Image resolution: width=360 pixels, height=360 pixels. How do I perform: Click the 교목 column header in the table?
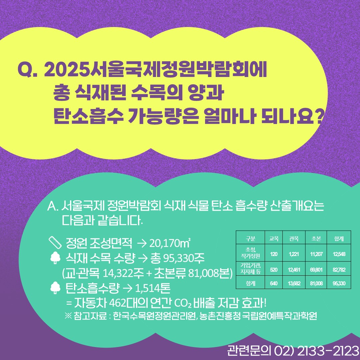(x=274, y=239)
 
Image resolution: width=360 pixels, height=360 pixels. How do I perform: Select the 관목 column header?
(x=294, y=239)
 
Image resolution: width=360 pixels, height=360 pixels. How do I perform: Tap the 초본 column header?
(x=316, y=239)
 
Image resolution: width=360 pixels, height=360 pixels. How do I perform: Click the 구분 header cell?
(x=250, y=239)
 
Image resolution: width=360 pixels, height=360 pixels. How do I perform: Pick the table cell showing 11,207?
(x=316, y=254)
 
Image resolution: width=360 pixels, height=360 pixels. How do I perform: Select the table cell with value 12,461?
(x=294, y=269)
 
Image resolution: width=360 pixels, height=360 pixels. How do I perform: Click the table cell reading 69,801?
(x=316, y=269)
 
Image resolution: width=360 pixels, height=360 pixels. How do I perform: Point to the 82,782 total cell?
(x=339, y=269)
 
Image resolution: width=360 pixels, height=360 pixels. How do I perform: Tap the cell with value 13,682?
(x=294, y=284)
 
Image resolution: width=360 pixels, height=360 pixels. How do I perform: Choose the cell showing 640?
(x=274, y=284)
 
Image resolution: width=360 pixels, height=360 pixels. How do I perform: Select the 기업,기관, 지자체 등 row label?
(x=250, y=269)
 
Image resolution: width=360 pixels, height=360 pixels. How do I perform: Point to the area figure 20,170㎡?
(x=170, y=242)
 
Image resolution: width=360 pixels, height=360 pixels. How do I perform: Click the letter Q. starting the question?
(x=28, y=69)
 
